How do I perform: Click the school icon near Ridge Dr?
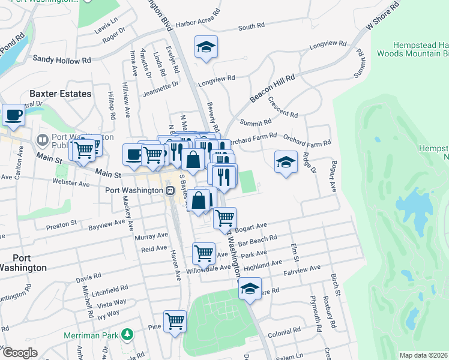[286, 161]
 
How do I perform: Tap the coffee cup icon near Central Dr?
[13, 115]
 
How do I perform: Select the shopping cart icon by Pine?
[175, 321]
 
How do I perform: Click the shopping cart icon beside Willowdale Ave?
[204, 253]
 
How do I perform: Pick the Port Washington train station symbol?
[170, 191]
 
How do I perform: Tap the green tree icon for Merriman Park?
[127, 334]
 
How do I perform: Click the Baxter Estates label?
[61, 94]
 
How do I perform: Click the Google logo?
[20, 353]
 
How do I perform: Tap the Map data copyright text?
[423, 355]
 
